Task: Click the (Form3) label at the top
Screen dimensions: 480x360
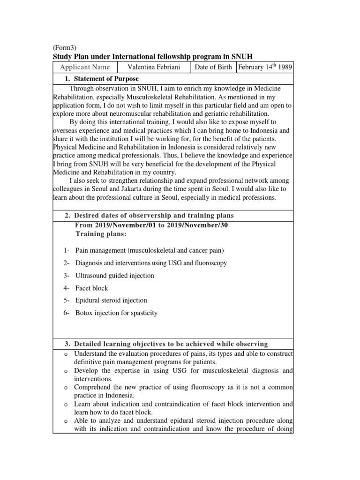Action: click(64, 47)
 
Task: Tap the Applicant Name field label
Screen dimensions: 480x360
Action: click(85, 67)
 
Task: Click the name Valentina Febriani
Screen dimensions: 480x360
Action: click(154, 67)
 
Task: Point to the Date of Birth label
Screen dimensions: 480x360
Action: click(213, 67)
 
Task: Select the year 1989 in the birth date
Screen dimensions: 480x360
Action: click(285, 67)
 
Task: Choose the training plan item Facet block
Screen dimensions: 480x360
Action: click(91, 288)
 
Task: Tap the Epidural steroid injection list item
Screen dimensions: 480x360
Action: click(111, 300)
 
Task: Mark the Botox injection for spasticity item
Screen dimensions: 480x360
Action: click(116, 313)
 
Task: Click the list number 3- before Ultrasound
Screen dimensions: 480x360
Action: click(67, 276)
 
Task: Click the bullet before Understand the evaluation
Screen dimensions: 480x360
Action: click(67, 353)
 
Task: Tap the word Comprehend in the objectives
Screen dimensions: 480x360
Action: click(94, 388)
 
